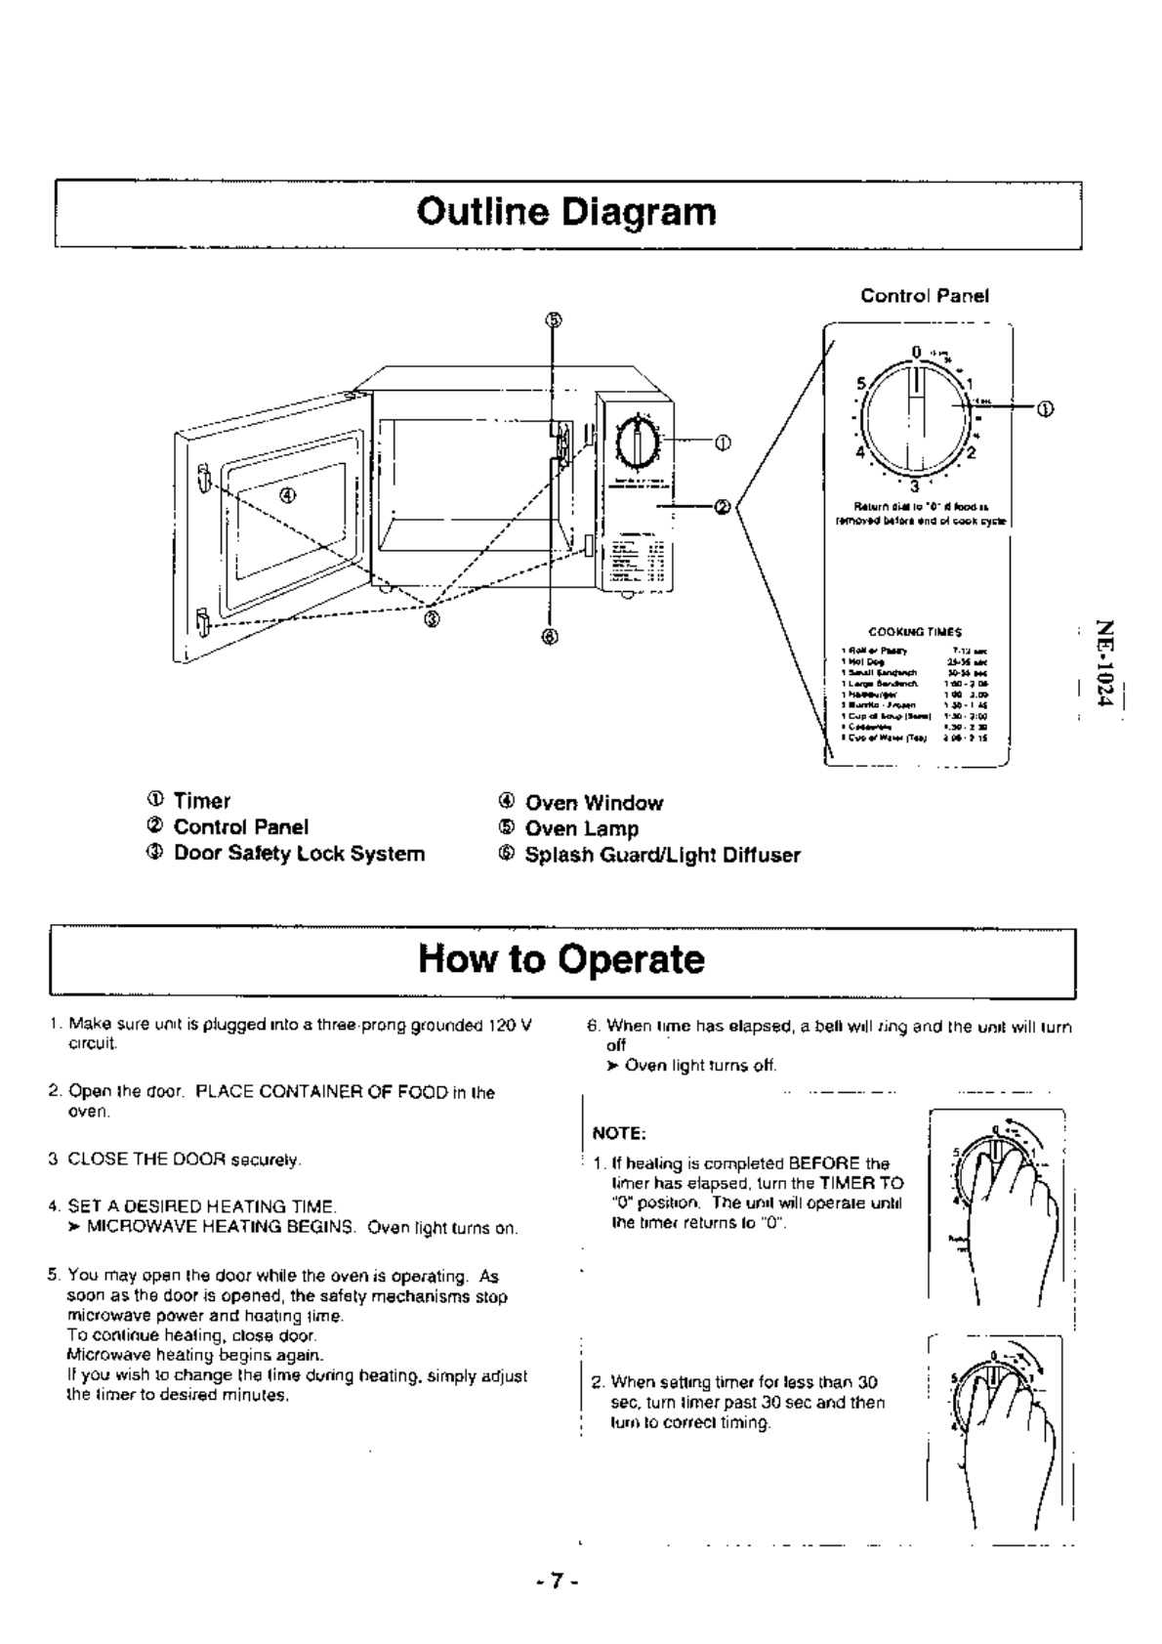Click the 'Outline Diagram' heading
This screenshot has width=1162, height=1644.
pos(566,212)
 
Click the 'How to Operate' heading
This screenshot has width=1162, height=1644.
pos(561,959)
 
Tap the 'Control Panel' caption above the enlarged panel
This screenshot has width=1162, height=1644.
pos(924,295)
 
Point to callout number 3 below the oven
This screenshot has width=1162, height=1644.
pos(432,618)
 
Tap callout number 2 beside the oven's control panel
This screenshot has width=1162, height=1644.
pos(723,506)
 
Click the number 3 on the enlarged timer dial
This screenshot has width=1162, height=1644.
pos(914,486)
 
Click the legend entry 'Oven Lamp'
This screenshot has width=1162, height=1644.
pos(582,829)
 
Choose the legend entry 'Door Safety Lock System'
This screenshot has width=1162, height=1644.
pos(299,854)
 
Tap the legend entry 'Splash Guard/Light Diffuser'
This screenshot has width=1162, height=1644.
pos(662,856)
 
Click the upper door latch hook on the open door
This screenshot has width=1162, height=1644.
pos(202,479)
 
